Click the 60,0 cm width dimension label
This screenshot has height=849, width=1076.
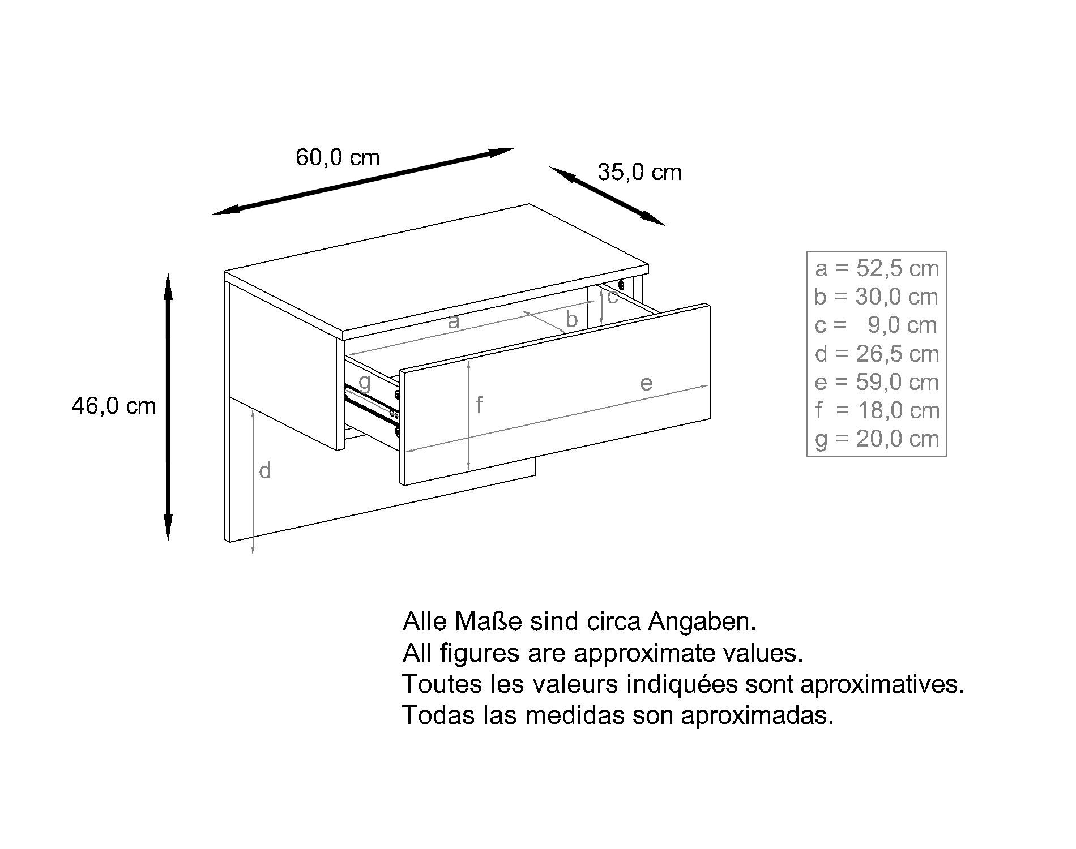pos(338,157)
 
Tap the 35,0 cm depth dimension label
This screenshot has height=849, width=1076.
pos(639,172)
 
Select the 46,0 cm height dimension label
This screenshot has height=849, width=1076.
pos(114,406)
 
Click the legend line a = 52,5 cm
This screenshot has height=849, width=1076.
pos(877,268)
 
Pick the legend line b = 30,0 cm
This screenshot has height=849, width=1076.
pos(877,297)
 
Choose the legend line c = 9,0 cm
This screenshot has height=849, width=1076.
pos(877,325)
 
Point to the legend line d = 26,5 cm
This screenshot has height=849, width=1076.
pos(877,354)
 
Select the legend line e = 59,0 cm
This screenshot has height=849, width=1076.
pos(877,382)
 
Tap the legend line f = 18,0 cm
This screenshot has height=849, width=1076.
pos(877,410)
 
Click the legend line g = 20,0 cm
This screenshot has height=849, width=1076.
pos(877,439)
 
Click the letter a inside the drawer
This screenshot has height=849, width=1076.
pos(453,322)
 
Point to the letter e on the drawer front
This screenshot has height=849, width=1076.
pos(646,383)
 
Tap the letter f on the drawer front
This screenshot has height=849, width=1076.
pos(479,405)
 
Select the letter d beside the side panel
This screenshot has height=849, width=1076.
pos(265,470)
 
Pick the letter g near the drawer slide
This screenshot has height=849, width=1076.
pos(365,383)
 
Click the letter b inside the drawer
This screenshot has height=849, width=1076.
pos(571,320)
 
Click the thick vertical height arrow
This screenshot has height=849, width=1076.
pos(168,407)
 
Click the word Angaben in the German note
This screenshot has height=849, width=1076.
pos(702,622)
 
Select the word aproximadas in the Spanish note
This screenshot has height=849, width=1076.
pos(757,716)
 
